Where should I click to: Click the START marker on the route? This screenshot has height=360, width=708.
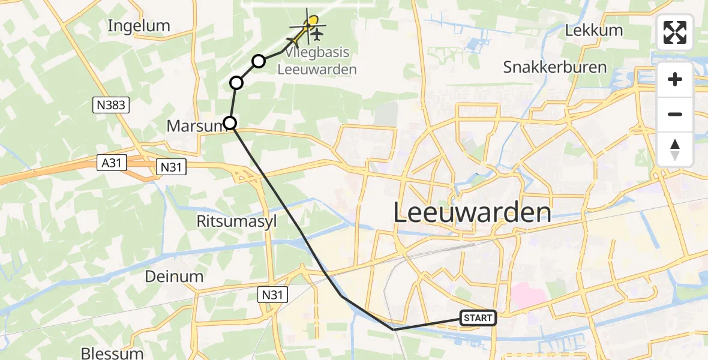(x=478, y=318)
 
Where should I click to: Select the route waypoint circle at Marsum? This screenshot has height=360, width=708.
(x=230, y=124)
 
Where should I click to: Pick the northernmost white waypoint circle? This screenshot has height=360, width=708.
(x=259, y=61)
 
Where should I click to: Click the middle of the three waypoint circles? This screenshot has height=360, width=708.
(x=236, y=83)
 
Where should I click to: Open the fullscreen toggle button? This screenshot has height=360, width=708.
(x=675, y=32)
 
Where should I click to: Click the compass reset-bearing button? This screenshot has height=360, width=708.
(x=675, y=149)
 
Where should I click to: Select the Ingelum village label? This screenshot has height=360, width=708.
(x=139, y=26)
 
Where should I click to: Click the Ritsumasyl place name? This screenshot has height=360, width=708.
(x=236, y=221)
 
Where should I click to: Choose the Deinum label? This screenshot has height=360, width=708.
(x=174, y=277)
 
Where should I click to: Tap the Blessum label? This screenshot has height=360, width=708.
(x=114, y=353)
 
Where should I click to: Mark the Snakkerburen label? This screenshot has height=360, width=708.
(x=555, y=67)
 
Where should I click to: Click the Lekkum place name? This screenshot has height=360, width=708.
(x=594, y=30)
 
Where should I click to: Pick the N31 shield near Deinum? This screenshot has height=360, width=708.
(x=273, y=294)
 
